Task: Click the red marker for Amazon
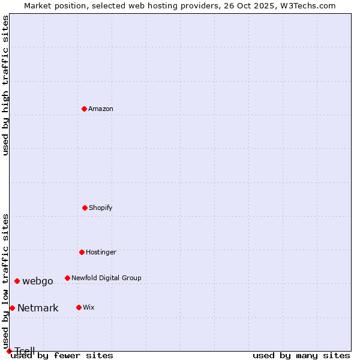85,109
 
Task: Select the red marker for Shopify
85,208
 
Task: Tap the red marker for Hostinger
82,252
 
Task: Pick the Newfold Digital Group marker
68,278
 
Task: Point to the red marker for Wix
79,307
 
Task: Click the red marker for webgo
17,281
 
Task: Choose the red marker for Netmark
12,308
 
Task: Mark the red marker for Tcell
9,351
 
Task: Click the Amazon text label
101,109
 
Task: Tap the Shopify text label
101,208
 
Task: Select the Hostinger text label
101,252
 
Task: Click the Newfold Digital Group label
106,278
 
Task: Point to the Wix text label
89,307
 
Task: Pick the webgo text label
38,281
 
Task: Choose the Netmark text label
38,308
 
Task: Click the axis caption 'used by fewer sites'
62,355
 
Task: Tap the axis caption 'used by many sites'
301,355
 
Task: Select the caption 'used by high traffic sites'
5,85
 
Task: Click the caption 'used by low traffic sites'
5,281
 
